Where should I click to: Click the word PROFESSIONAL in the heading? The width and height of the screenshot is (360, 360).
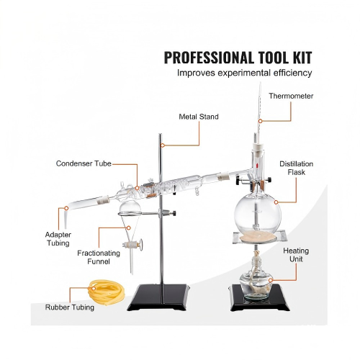(x=209, y=58)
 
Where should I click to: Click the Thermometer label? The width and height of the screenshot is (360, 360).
(x=291, y=96)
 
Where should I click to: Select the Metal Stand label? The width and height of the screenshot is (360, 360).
(x=199, y=117)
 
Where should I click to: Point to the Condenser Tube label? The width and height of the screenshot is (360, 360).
(x=84, y=163)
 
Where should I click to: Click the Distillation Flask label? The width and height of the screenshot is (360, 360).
(x=297, y=168)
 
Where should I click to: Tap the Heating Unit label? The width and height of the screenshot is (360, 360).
(x=296, y=255)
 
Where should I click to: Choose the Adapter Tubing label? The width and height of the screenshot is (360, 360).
(x=58, y=239)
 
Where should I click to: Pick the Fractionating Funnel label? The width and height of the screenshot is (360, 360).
(x=99, y=257)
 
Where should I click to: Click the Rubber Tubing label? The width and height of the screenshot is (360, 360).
(x=70, y=307)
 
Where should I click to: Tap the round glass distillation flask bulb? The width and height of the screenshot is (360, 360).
(x=257, y=214)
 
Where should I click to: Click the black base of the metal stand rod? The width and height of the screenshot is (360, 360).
(x=158, y=297)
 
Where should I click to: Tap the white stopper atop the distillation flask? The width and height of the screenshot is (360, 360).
(x=258, y=147)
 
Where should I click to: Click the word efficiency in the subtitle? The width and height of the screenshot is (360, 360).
(x=292, y=73)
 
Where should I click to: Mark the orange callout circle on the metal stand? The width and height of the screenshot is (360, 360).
(x=163, y=145)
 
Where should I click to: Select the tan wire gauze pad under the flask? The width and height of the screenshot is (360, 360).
(x=258, y=238)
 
